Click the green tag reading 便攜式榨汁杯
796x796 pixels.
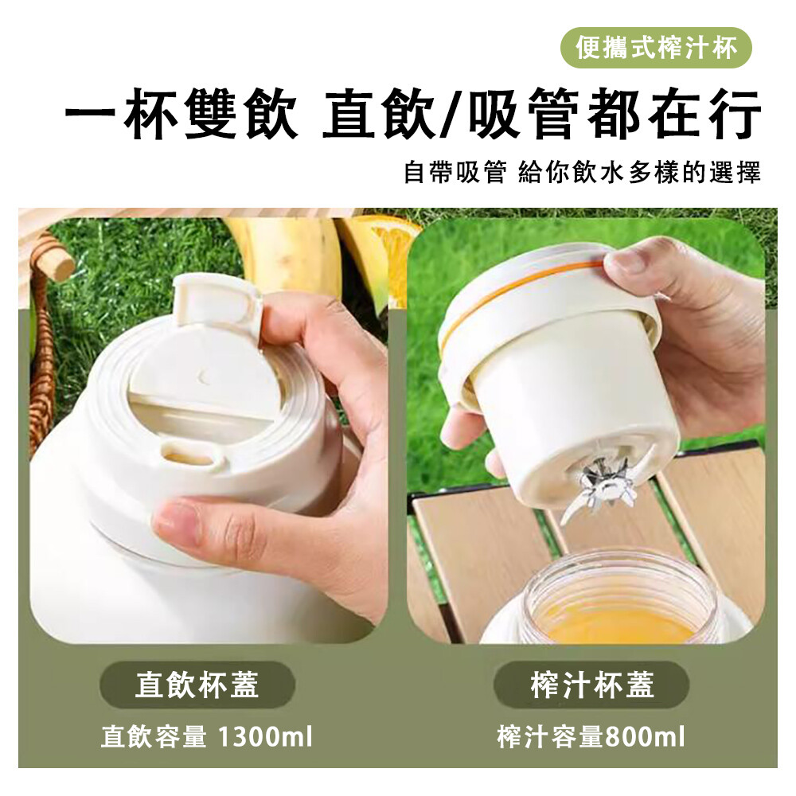tap(655, 49)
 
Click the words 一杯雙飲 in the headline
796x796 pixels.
tap(181, 115)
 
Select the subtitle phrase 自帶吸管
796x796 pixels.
tap(455, 172)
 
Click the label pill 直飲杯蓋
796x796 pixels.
tap(197, 685)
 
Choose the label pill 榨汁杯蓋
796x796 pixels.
tap(592, 685)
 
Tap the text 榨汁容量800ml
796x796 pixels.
tap(591, 736)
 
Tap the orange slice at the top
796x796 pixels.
tap(391, 239)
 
